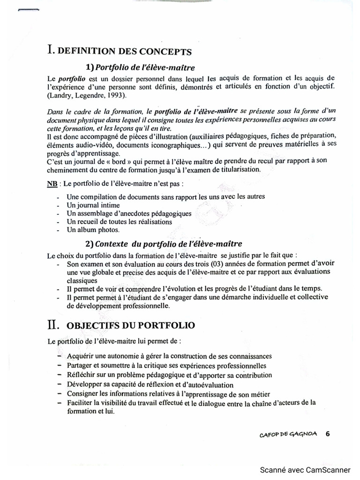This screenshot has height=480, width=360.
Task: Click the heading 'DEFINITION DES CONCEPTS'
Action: click(x=124, y=51)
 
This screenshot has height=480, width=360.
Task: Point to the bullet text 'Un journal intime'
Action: click(x=93, y=205)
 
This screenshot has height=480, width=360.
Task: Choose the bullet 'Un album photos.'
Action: click(x=93, y=230)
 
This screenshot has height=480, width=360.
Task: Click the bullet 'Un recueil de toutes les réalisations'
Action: click(x=119, y=221)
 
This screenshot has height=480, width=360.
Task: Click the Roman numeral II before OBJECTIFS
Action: click(x=53, y=324)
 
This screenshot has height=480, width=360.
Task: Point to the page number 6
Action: click(x=328, y=434)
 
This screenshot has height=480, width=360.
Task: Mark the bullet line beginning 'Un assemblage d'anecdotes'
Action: click(x=129, y=213)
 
